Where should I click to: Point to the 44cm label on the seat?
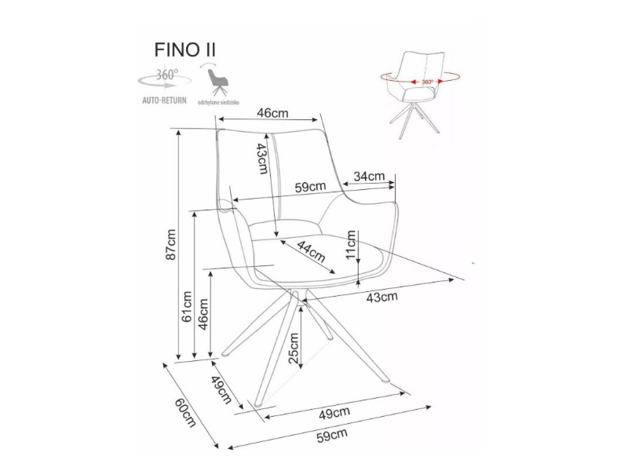click(x=312, y=253)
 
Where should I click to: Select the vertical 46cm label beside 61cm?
click(x=204, y=314)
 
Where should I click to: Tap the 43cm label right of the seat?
click(x=382, y=297)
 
